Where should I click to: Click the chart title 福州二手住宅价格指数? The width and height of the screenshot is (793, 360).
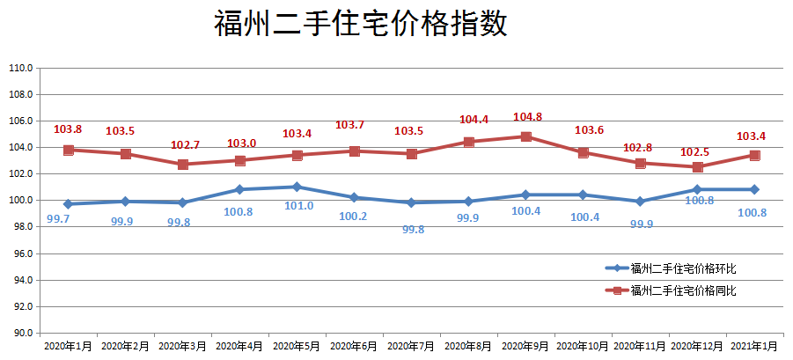tap(361, 24)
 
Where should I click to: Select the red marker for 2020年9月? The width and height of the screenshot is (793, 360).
tap(525, 136)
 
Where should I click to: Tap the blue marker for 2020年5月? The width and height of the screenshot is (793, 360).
tap(297, 187)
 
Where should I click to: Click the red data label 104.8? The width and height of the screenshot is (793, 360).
tap(527, 116)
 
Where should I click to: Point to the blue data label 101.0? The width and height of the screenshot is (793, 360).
tap(298, 206)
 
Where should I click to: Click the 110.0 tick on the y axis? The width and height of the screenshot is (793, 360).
tap(20, 68)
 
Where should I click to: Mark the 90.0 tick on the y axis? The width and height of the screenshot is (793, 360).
tap(20, 334)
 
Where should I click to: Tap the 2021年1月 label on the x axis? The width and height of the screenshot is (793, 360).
tap(754, 347)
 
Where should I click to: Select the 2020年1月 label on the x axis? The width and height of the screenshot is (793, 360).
tap(68, 347)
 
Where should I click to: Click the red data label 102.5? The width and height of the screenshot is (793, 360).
tap(696, 152)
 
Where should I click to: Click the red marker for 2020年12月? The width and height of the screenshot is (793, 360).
tap(697, 167)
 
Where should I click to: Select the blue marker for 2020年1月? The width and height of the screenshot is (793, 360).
tap(68, 204)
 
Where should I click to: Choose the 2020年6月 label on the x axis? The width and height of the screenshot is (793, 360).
tap(354, 347)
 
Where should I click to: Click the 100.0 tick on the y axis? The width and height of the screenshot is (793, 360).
tap(20, 201)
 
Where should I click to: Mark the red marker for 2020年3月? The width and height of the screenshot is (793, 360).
tap(182, 165)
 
